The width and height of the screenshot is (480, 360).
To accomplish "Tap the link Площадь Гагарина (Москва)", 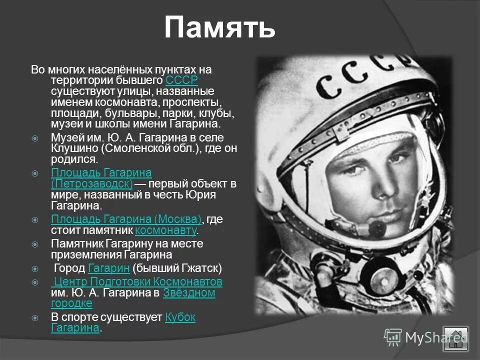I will (x=126, y=219).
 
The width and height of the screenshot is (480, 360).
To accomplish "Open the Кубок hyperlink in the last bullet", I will (x=180, y=317).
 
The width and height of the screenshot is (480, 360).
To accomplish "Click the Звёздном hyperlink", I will (x=189, y=293).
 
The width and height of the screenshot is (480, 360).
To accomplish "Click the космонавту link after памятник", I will (x=166, y=230).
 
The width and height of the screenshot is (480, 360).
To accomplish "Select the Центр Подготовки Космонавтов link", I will (x=137, y=281).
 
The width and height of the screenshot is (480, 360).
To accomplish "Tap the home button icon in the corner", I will (x=455, y=339).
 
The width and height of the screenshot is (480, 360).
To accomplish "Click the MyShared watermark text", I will (x=425, y=337).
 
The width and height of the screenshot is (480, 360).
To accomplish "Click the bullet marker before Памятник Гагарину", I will (x=34, y=244).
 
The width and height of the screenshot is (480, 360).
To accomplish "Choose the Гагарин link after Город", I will (x=108, y=268).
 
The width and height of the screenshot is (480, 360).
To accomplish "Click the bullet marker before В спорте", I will (x=34, y=317).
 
